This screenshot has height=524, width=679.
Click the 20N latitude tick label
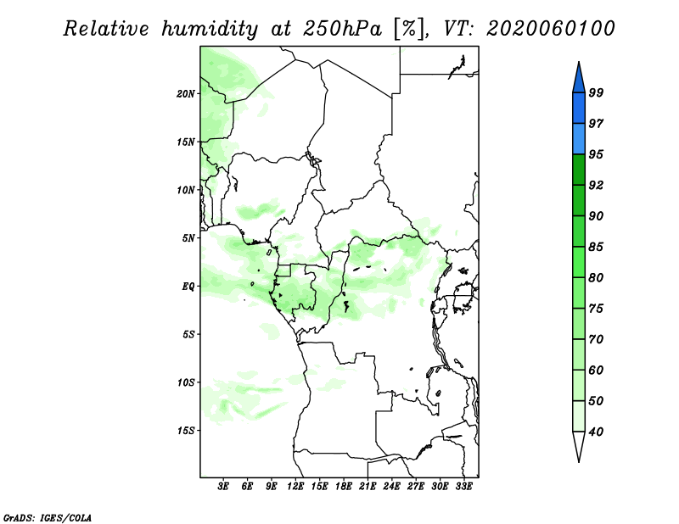(x=186, y=94)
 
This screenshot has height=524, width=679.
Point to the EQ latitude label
(x=188, y=287)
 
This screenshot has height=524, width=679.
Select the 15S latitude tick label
(x=186, y=431)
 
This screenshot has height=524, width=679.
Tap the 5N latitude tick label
(x=188, y=238)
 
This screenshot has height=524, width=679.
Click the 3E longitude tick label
(x=223, y=486)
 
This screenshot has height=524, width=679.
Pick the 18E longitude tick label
(x=344, y=486)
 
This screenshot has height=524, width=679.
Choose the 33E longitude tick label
(x=463, y=486)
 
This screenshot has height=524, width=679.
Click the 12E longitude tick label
(x=295, y=486)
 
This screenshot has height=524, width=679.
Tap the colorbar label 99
(x=596, y=92)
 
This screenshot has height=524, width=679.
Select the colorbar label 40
(x=596, y=432)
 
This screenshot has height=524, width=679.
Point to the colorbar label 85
(x=596, y=247)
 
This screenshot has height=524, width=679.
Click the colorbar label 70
(x=596, y=339)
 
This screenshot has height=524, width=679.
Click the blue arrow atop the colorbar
(x=579, y=80)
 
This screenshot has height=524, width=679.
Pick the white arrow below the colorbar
(x=579, y=445)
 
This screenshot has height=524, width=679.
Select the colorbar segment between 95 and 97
(x=579, y=139)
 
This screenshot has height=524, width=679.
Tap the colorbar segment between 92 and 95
(x=579, y=170)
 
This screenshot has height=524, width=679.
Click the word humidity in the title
(x=210, y=30)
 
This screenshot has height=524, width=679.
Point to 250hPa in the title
(x=343, y=29)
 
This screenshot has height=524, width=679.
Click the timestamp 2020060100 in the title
(x=550, y=29)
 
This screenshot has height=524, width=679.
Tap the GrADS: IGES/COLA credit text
(x=48, y=517)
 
